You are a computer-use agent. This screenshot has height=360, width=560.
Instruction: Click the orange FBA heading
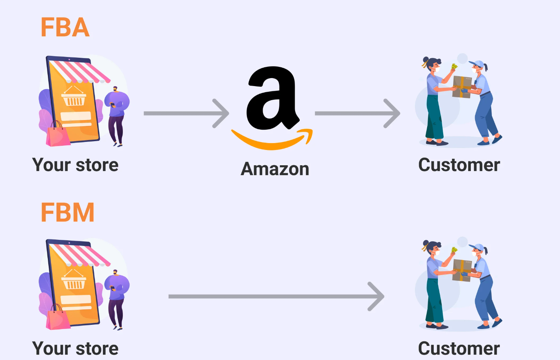click(x=65, y=27)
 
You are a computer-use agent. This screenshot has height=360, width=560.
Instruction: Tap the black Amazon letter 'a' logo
click(x=273, y=98)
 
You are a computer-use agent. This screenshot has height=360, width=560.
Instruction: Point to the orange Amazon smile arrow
click(x=272, y=139)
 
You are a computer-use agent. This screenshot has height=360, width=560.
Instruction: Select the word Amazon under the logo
click(x=275, y=169)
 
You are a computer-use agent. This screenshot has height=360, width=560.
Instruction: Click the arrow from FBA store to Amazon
click(x=186, y=113)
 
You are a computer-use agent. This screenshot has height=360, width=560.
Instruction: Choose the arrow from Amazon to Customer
click(x=358, y=113)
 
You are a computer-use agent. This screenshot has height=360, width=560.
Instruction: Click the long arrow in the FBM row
click(x=276, y=296)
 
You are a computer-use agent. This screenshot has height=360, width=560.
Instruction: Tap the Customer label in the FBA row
click(x=459, y=165)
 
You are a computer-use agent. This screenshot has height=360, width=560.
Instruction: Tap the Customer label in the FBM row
click(x=459, y=349)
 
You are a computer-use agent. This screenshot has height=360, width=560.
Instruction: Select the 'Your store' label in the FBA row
click(x=75, y=165)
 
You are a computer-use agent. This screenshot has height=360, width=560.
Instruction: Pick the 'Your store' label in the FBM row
click(x=75, y=349)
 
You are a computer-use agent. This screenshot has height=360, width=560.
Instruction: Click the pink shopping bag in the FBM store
click(x=58, y=318)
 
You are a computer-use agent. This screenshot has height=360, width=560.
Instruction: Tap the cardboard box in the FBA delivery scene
click(x=462, y=87)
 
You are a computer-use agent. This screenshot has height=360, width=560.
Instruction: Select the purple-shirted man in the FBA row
click(x=116, y=116)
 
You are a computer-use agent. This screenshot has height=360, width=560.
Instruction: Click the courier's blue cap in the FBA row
click(x=476, y=64)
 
